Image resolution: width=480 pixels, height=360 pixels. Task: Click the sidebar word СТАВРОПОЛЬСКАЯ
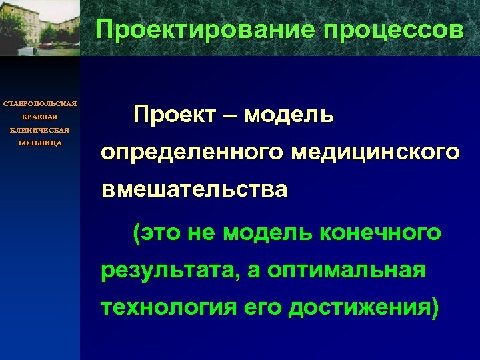[40, 103]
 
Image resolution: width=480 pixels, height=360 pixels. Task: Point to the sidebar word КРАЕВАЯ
[40, 117]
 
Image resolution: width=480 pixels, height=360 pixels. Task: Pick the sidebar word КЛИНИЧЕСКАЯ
[40, 130]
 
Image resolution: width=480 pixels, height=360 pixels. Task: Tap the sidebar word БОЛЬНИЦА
[40, 143]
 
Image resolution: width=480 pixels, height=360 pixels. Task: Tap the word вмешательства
[195, 190]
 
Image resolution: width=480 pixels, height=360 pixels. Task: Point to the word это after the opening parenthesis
[162, 233]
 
